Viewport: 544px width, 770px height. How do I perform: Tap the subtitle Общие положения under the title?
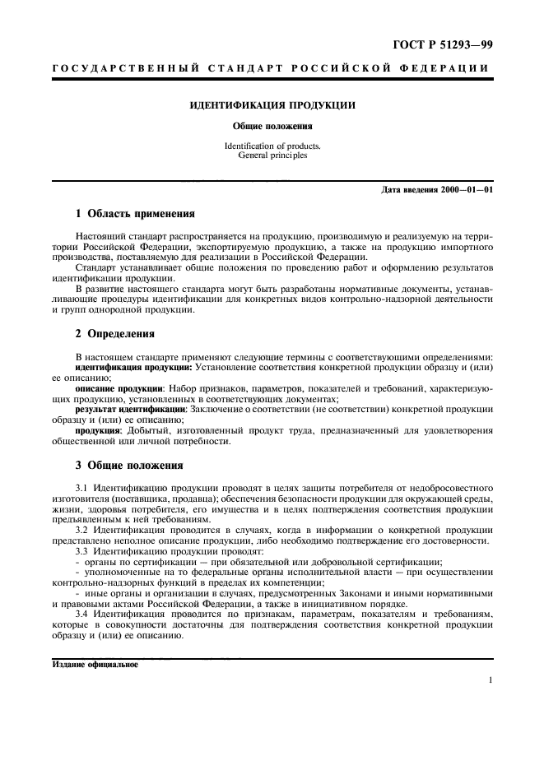tap(272, 127)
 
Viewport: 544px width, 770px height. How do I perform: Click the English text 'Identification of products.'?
tap(272, 146)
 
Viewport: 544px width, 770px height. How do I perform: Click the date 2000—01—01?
tap(467, 190)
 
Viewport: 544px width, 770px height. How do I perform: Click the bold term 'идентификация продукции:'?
tap(134, 367)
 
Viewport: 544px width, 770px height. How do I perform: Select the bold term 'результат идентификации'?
tap(131, 408)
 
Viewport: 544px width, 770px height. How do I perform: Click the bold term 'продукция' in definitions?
tap(98, 429)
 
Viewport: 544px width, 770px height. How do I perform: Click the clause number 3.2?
tap(81, 530)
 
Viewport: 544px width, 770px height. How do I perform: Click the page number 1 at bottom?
tap(490, 680)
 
